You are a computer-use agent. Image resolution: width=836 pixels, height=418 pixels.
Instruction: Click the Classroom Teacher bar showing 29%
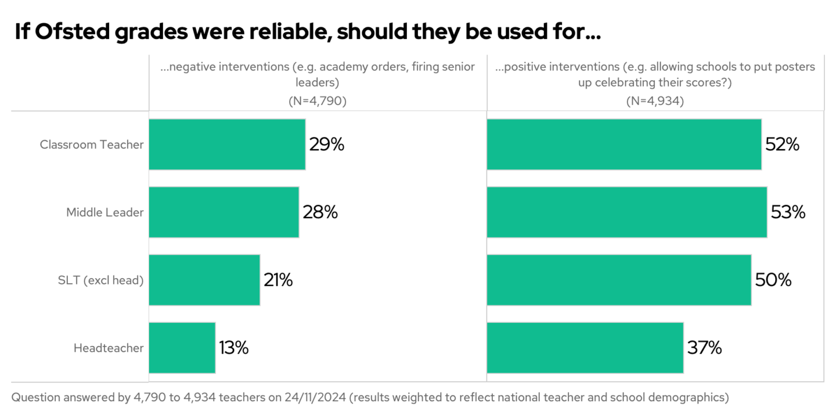(227, 145)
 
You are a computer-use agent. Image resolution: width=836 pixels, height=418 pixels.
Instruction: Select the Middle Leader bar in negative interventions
(224, 212)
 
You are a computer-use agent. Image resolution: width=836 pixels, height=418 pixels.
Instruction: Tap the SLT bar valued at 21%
(204, 280)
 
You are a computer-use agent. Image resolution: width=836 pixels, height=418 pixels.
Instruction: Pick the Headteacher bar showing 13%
(182, 348)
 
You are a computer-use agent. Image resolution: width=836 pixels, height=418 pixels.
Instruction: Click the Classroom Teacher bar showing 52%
(624, 145)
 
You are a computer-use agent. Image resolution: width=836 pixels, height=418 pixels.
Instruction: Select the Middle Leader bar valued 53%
(627, 212)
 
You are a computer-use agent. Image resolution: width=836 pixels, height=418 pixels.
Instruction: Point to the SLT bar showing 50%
(619, 280)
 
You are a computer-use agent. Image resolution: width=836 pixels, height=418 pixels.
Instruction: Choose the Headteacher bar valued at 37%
(585, 348)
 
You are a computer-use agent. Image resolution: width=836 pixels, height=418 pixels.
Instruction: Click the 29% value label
(327, 145)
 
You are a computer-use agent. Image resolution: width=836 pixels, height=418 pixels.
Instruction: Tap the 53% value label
(788, 212)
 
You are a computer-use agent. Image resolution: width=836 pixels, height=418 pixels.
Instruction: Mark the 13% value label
(234, 348)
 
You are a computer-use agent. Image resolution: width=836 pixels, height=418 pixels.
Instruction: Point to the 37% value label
(704, 348)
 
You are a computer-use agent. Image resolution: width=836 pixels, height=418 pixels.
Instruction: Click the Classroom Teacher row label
(91, 145)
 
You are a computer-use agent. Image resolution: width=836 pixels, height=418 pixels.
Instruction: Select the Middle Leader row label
(105, 212)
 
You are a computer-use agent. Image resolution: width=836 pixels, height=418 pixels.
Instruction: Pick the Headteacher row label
(108, 348)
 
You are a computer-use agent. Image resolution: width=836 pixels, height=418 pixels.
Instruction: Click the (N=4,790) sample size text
(318, 100)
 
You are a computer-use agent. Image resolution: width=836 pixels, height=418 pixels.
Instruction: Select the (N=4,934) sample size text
(655, 100)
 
